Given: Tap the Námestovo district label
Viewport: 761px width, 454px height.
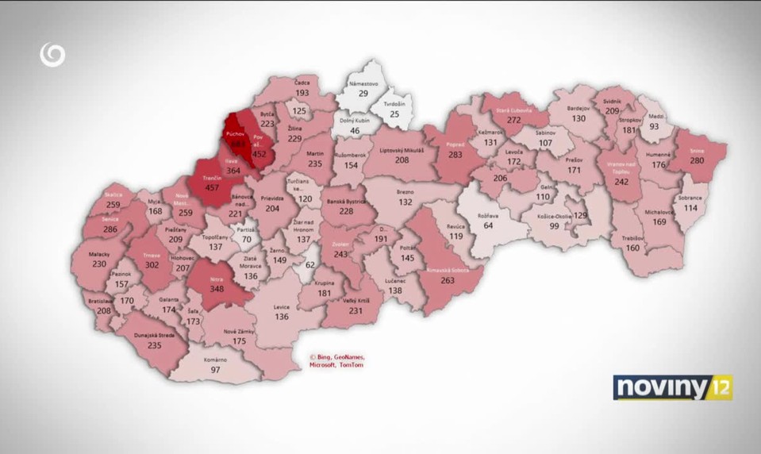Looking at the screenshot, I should coord(364,83).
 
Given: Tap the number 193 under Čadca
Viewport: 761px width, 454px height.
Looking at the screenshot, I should coord(302,93).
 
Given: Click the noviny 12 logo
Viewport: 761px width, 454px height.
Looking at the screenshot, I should coord(673,387).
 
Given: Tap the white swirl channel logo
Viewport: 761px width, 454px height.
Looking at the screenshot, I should coord(52,56).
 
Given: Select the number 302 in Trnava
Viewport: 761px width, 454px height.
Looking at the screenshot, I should coord(151,266).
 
